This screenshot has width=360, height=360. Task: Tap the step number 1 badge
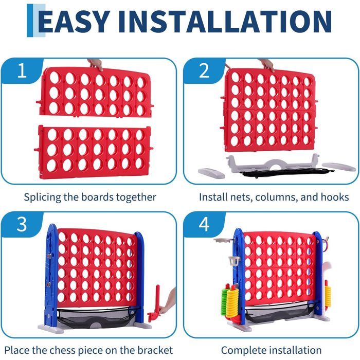22,70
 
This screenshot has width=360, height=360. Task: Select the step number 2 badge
204,70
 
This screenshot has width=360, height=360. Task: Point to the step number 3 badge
22,224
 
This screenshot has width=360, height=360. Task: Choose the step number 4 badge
204,224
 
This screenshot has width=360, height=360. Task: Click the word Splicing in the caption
42,197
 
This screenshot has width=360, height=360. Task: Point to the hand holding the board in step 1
96,64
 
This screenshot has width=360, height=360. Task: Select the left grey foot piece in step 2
211,173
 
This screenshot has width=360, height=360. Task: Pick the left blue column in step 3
51,276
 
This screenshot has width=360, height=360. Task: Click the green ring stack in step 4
224,301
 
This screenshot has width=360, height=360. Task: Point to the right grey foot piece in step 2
339,167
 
